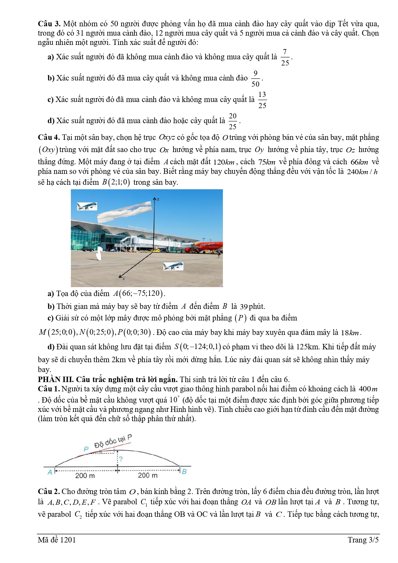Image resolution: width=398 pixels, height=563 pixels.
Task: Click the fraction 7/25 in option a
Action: coord(285,57)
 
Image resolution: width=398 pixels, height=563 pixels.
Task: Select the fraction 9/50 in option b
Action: coord(255,79)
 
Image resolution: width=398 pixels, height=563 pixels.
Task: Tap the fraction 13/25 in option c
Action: coord(262,100)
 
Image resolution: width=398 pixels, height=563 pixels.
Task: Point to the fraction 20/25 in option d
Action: coord(233,121)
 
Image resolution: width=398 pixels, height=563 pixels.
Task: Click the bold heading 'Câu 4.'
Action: coord(49,138)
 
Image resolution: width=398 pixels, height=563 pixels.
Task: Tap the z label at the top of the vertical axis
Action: coord(158,199)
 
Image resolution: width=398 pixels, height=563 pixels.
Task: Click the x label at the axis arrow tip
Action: coord(123,279)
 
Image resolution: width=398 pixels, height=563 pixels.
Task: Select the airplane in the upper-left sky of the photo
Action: coord(87,206)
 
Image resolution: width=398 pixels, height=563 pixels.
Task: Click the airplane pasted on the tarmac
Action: coord(173,266)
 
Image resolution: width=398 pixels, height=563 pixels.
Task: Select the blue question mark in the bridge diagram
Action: coord(121,459)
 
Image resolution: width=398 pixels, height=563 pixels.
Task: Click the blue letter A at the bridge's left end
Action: coord(50,472)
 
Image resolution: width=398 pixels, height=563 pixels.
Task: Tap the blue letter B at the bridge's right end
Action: coord(184,472)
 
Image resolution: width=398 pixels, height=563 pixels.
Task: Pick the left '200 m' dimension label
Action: coord(85,475)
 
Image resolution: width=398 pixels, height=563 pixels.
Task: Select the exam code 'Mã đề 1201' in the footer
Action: coord(57,540)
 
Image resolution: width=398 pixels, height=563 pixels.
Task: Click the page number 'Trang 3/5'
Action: coord(363,540)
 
